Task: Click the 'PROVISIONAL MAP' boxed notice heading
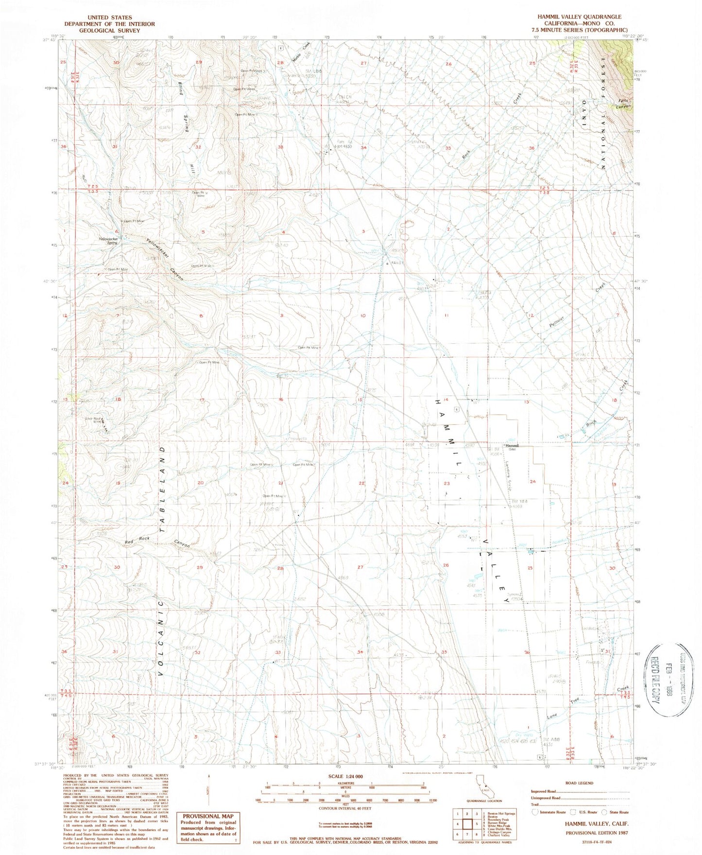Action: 207,816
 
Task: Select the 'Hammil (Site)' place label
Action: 512,447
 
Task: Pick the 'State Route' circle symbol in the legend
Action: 604,812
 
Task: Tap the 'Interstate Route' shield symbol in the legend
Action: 535,812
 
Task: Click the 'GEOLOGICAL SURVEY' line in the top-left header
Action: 109,30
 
